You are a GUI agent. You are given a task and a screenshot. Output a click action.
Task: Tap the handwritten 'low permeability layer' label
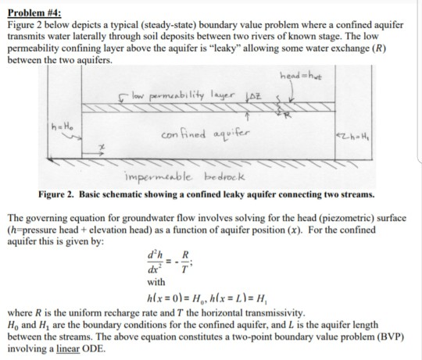[176, 104]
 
